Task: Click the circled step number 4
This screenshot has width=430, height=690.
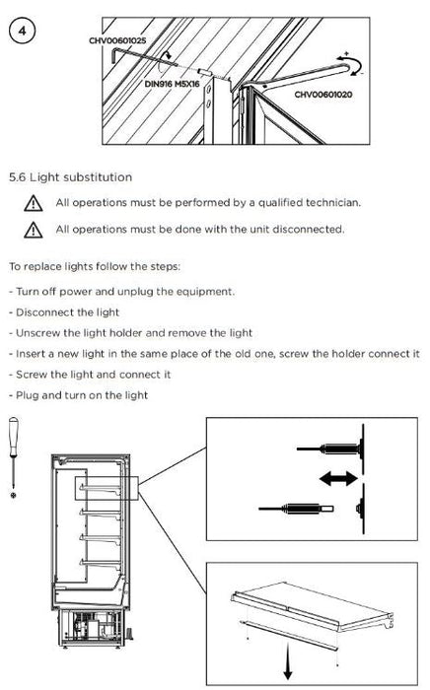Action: coord(22,31)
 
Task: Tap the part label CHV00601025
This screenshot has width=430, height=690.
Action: coord(117,41)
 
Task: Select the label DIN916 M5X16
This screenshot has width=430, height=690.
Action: coord(172,84)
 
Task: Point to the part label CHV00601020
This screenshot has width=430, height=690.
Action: coord(323,95)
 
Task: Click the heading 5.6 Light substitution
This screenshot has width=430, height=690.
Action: coord(70,177)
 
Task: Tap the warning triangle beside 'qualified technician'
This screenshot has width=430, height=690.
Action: coord(34,203)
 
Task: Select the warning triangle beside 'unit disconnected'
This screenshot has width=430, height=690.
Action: coord(34,230)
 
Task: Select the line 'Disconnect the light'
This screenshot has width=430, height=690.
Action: coord(64,312)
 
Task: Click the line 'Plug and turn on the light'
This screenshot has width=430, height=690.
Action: coord(78,395)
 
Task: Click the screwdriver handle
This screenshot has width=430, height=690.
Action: coord(14,436)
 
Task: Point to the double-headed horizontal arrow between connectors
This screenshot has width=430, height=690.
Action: coord(338,478)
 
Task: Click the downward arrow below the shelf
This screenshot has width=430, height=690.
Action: coord(288,661)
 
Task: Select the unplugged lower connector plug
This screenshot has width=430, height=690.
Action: coord(296,509)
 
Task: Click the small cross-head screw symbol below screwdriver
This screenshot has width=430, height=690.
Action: coord(13,496)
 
